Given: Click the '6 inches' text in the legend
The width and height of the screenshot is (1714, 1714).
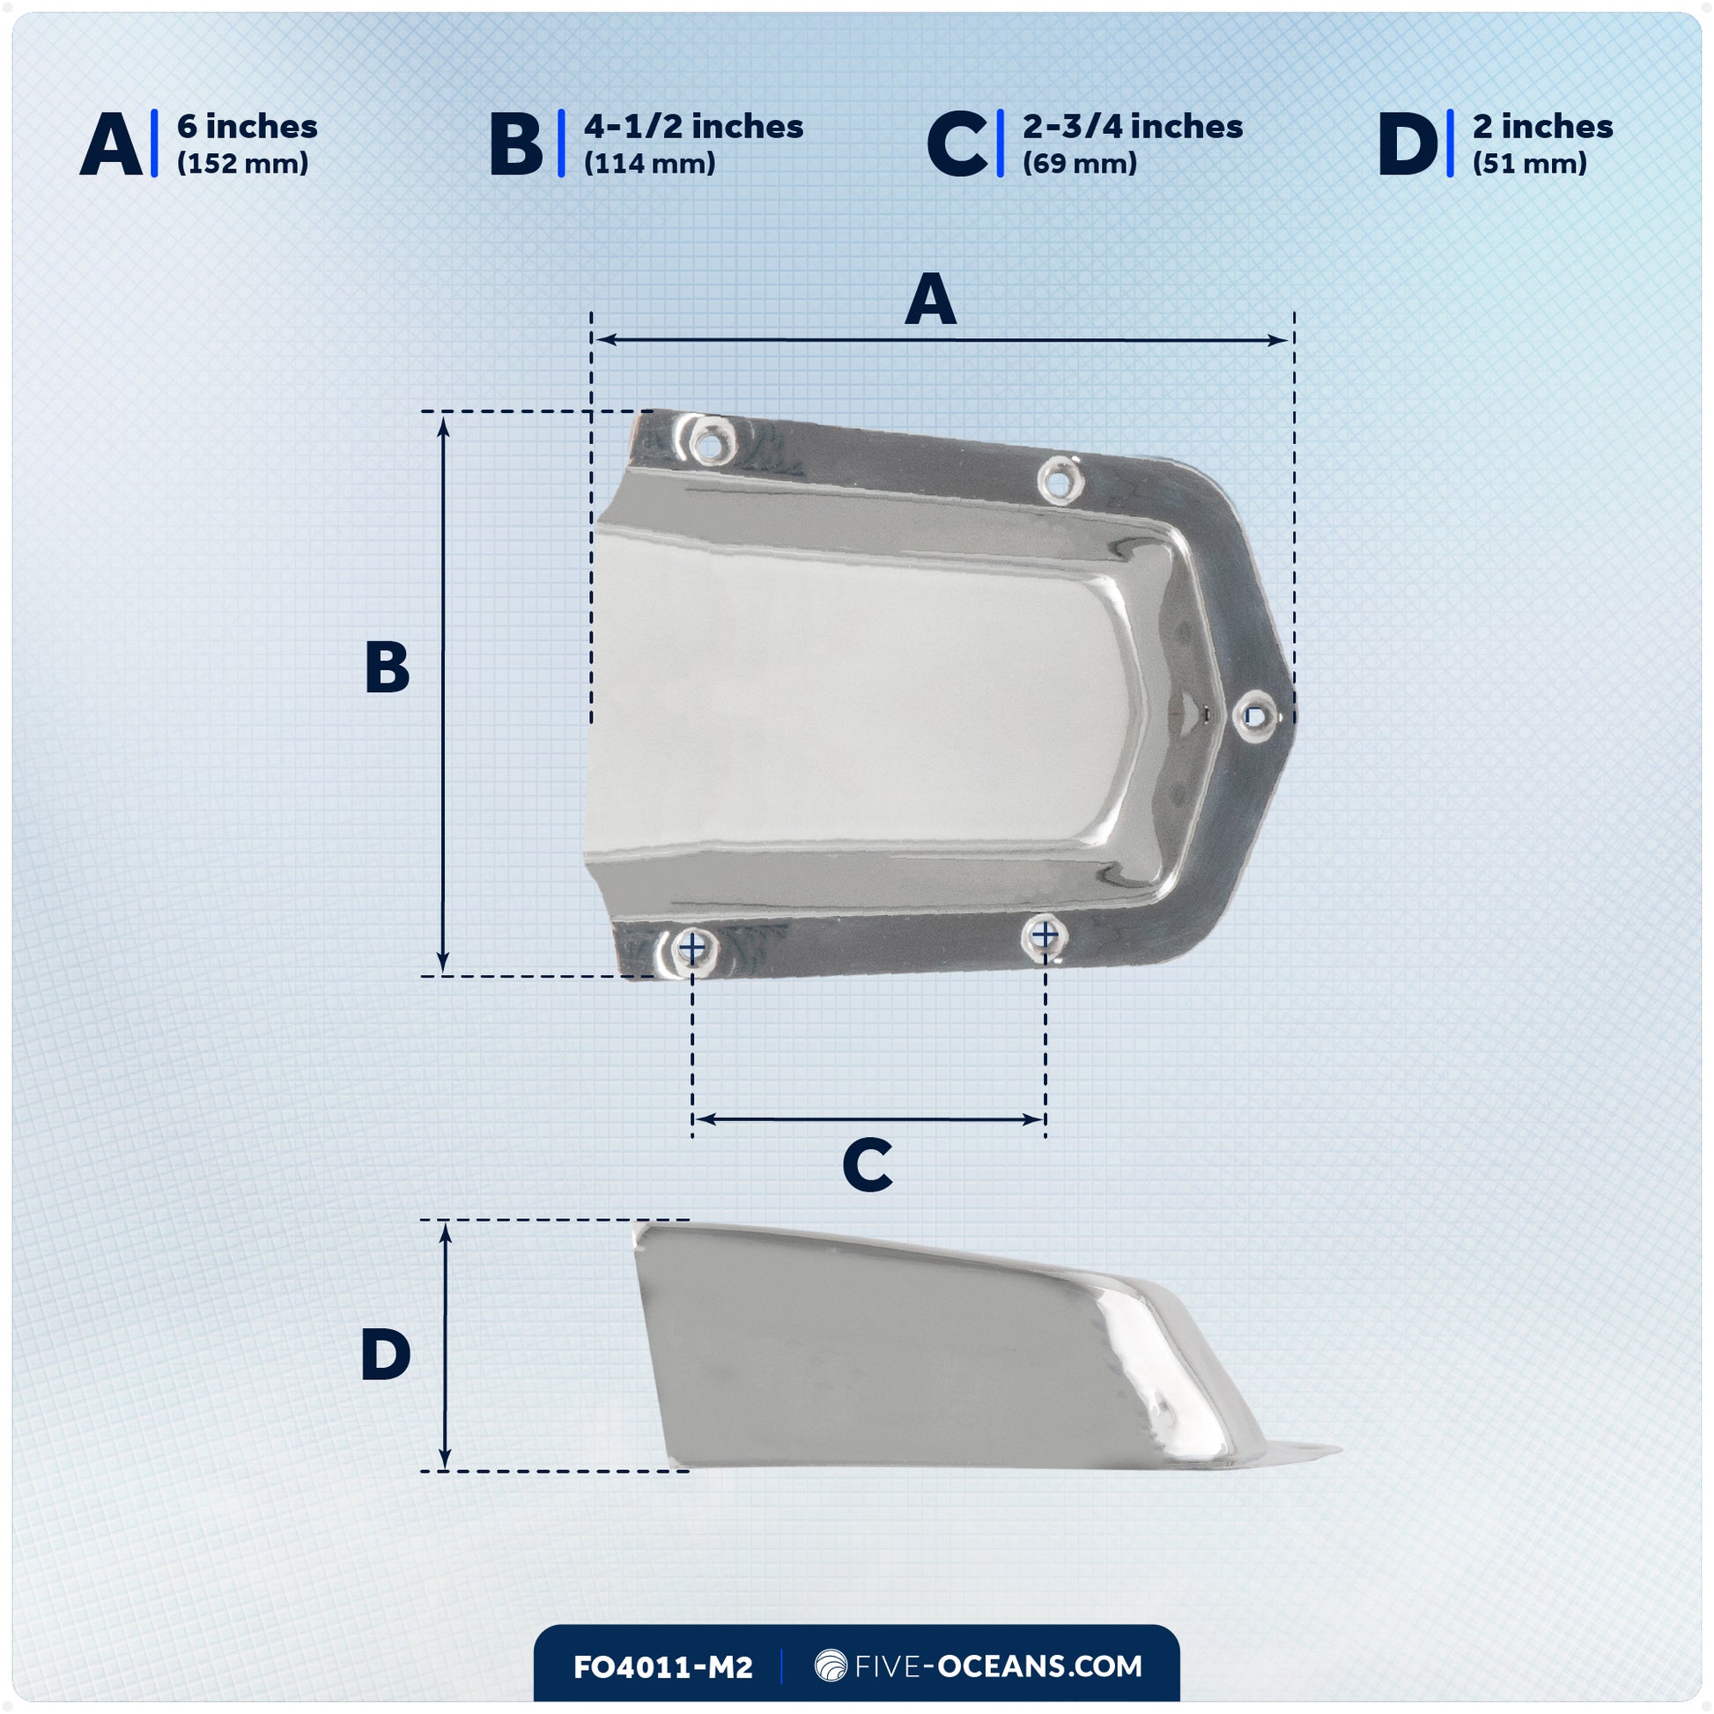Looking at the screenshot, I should pos(247,127).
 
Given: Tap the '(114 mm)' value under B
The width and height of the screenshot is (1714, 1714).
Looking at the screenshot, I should pos(649,164).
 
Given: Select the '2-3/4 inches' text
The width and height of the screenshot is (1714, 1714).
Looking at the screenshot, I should pos(1132,127).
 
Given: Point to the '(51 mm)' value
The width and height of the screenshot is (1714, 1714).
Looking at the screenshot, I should pos(1529,164).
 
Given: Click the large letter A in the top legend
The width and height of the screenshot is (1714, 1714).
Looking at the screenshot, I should pos(111,144).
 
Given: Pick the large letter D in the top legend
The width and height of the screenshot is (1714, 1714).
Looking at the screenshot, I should pos(1407,144).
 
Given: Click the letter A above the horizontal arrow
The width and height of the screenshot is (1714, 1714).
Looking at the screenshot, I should pos(931,299).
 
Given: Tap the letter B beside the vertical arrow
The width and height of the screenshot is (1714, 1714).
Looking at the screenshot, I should pos(387,667).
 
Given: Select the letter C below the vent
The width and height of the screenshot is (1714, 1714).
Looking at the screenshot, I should pos(867,1166).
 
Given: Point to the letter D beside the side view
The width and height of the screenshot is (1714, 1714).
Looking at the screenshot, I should pos(386,1355).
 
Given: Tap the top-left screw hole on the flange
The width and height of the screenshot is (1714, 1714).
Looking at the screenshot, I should pos(710,443).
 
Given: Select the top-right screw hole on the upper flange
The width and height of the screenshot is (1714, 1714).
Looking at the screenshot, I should pos(1059,481).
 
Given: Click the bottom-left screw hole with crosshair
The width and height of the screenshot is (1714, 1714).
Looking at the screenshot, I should pos(692,949).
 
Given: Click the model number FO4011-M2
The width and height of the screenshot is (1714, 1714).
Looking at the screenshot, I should pos(662,1667).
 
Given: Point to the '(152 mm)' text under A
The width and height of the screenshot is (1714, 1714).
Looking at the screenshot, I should pos(242,164).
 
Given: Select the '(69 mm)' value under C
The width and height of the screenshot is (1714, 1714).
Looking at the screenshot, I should pos(1079,164).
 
